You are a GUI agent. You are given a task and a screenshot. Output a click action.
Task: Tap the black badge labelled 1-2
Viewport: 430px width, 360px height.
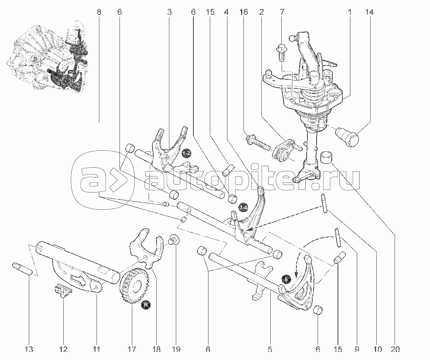click(x=186, y=153)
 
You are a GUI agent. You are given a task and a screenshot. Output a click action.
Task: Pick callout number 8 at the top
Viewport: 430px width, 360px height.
click(x=99, y=12)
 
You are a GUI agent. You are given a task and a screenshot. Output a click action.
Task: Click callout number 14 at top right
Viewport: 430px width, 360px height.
click(x=369, y=12)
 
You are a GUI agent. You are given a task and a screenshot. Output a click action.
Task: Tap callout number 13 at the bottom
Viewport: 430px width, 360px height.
click(x=29, y=349)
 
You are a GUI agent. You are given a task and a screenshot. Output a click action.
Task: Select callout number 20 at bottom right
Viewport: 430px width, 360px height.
click(x=395, y=349)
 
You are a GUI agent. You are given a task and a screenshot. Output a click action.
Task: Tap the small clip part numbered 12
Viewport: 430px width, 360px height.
click(x=63, y=290)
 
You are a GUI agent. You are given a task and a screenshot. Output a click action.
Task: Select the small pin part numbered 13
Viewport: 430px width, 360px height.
click(x=22, y=268)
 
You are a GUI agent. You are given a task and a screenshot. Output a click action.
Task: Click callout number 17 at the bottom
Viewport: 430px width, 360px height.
click(x=132, y=349)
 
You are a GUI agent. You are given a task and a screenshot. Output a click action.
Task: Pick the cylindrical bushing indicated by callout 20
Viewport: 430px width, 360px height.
click(x=327, y=158)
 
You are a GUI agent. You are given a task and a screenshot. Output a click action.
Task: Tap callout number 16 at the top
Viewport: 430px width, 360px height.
click(x=244, y=12)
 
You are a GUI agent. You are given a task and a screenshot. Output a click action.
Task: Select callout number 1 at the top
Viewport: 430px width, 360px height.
click(x=350, y=12)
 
